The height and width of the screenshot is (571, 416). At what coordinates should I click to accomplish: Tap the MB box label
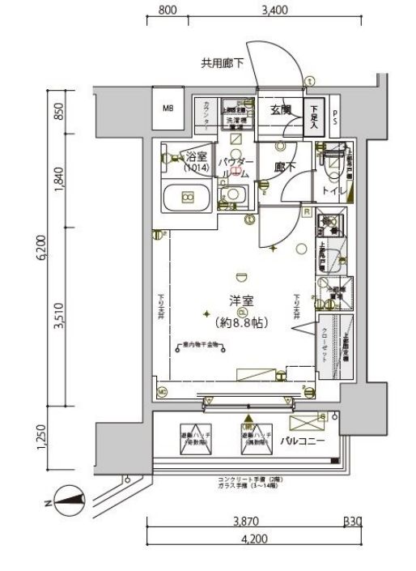click(168, 109)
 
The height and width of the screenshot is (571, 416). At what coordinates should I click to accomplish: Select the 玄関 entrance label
click(281, 110)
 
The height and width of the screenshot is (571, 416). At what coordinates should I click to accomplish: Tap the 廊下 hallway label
click(284, 168)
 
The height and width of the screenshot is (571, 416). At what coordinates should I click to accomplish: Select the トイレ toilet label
click(334, 190)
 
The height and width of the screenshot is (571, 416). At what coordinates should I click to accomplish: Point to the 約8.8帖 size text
click(243, 322)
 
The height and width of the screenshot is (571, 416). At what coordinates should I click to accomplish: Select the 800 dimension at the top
click(168, 11)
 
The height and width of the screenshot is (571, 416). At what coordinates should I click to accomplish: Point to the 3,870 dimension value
click(246, 522)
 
